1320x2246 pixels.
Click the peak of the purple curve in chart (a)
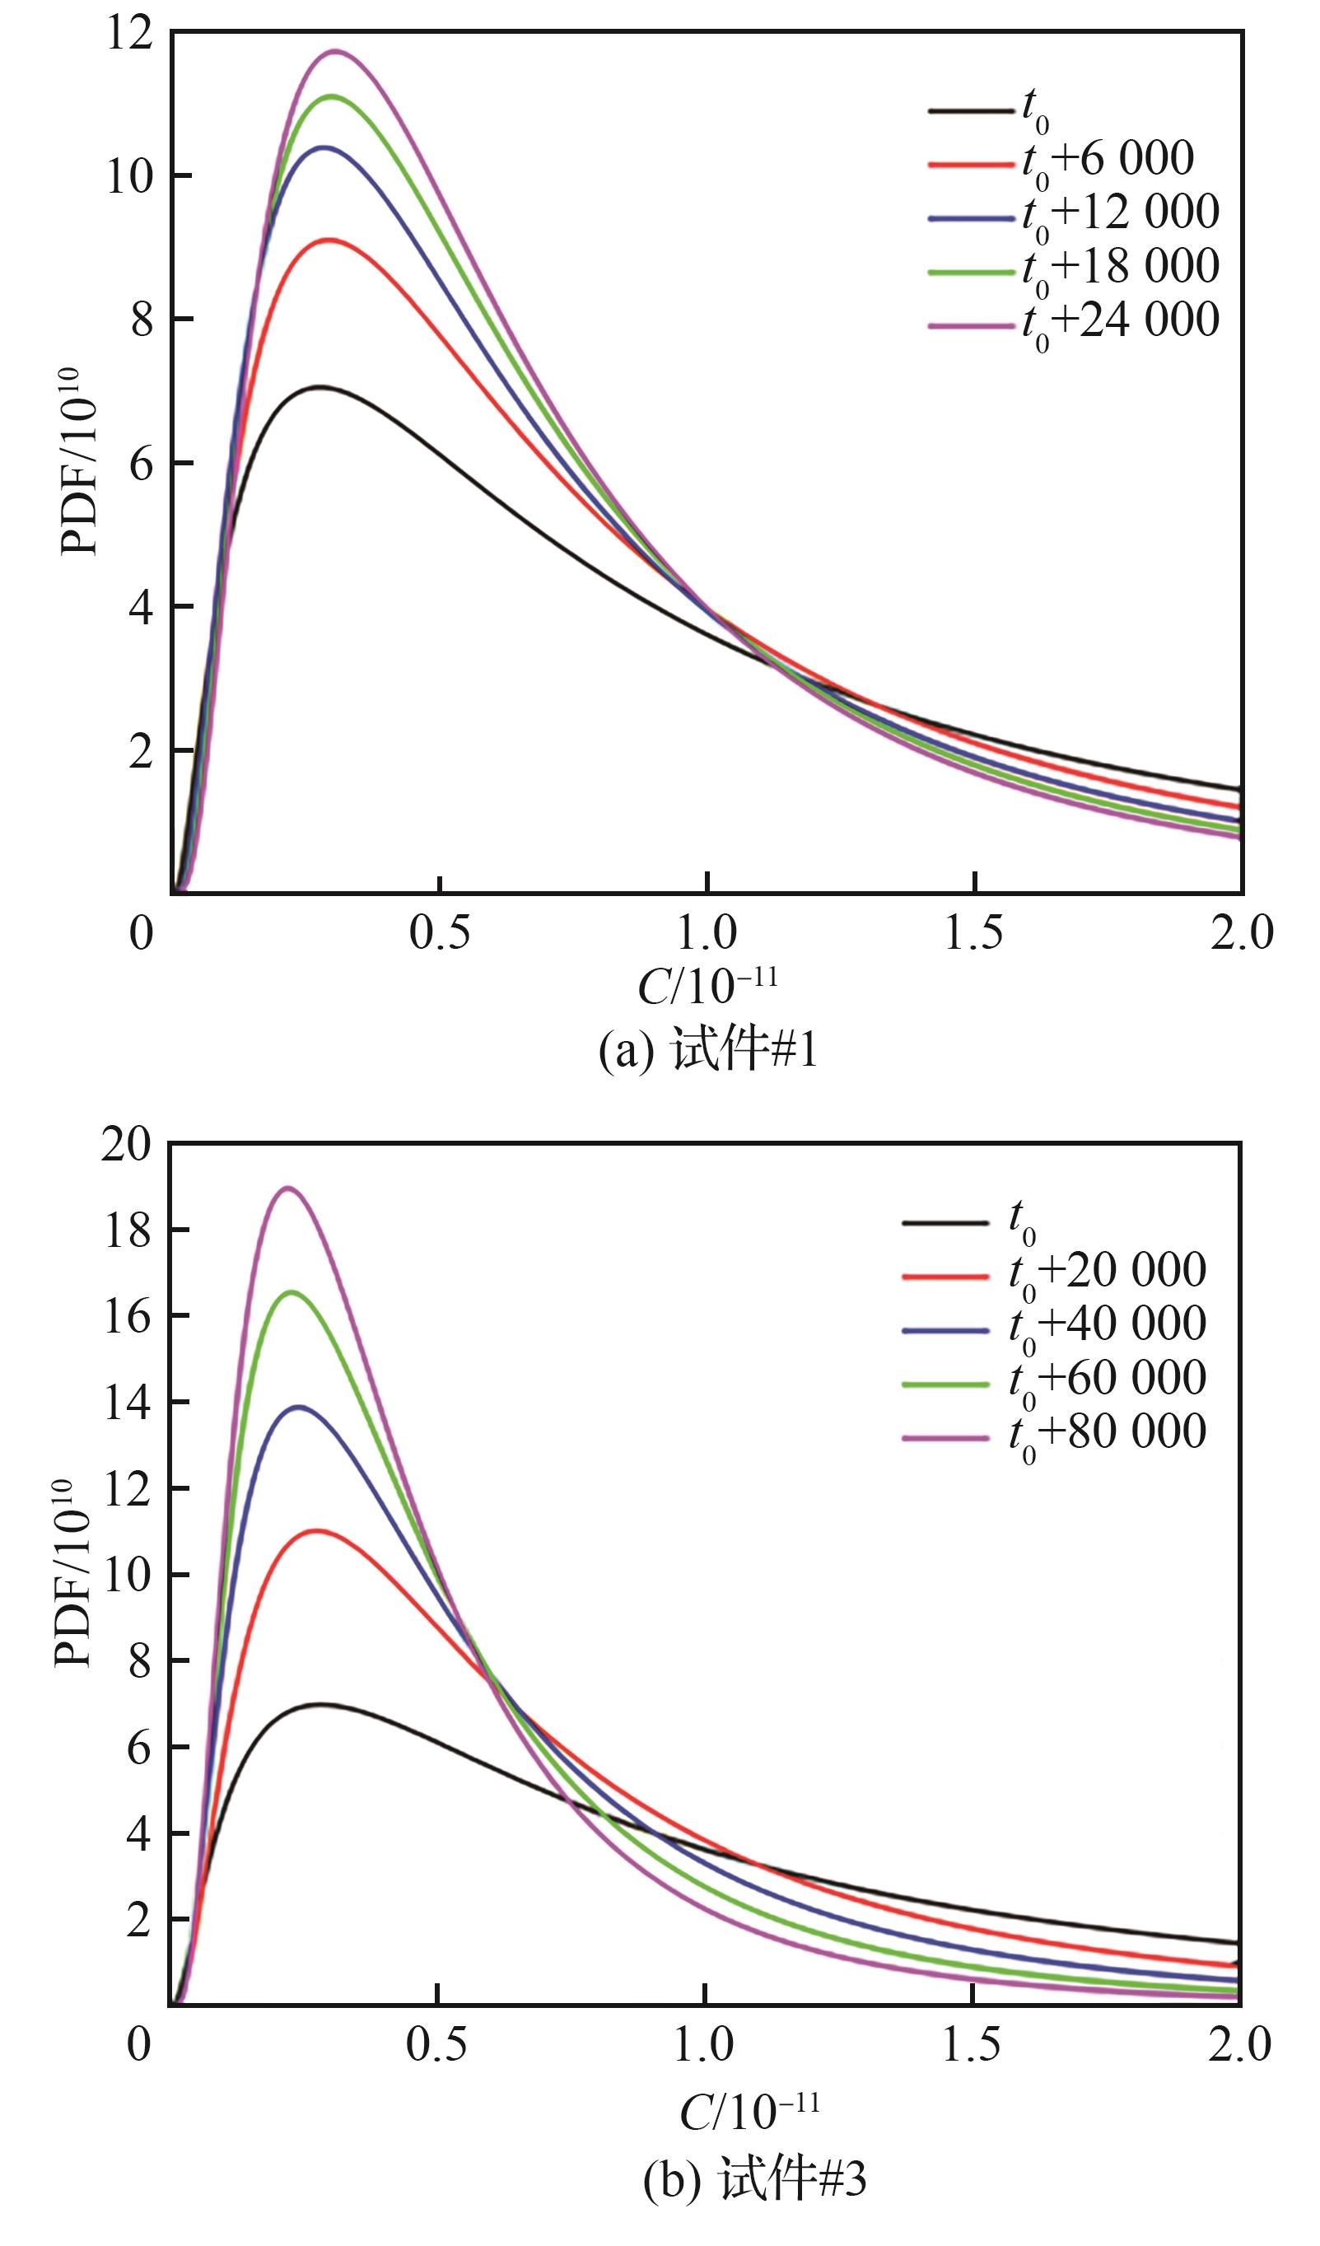pos(336,51)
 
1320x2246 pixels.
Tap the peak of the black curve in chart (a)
pos(319,387)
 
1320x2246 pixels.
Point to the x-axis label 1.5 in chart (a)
pos(973,934)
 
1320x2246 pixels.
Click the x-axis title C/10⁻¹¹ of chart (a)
pos(707,987)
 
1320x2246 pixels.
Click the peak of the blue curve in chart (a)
pos(324,147)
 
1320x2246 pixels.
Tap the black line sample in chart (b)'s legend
pos(945,1223)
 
